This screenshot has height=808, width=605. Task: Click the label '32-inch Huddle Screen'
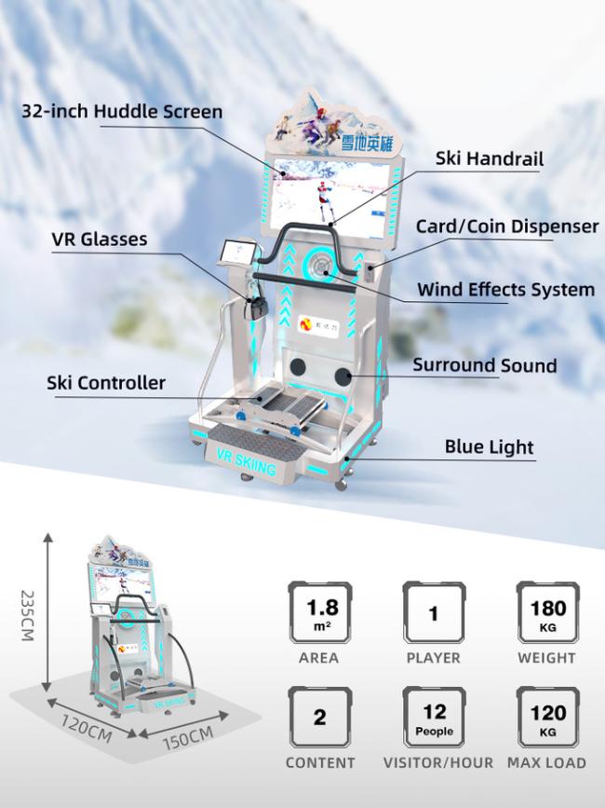pyautogui.click(x=122, y=112)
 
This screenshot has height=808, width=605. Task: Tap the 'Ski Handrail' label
pyautogui.click(x=489, y=158)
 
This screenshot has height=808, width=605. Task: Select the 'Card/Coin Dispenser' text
pyautogui.click(x=506, y=226)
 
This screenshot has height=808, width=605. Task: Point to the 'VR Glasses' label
pyautogui.click(x=99, y=240)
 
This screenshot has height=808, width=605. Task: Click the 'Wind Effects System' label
pyautogui.click(x=505, y=289)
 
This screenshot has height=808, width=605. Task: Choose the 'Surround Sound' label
pyautogui.click(x=485, y=365)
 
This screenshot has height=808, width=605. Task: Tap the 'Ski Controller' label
pyautogui.click(x=106, y=383)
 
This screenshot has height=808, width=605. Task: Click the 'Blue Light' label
pyautogui.click(x=490, y=447)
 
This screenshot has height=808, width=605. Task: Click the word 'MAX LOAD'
pyautogui.click(x=546, y=762)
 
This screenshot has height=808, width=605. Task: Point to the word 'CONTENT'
pyautogui.click(x=319, y=762)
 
